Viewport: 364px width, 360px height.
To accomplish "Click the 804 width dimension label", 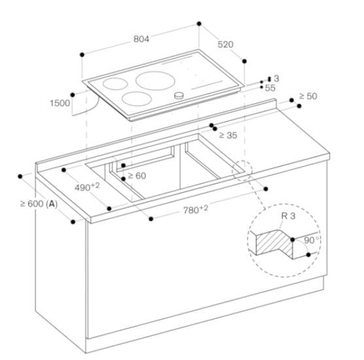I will click(141, 39).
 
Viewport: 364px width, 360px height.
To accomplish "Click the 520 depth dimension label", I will click(225, 44).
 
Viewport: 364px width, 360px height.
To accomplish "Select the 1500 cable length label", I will click(61, 103).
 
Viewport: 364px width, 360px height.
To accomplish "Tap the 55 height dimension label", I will click(271, 87).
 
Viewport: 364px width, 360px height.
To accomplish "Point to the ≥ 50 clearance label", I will click(308, 96).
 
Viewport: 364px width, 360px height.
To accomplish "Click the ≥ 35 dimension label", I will click(227, 135).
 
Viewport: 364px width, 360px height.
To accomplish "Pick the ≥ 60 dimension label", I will click(137, 175).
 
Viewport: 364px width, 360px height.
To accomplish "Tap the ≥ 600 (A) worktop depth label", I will click(39, 204).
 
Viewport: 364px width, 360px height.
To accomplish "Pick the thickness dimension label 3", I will click(276, 78).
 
